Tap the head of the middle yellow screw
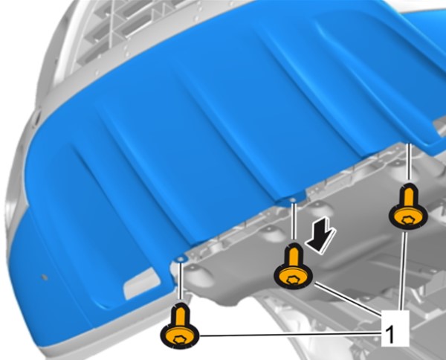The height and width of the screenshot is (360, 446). [x=294, y=277]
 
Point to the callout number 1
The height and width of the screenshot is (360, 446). [x=391, y=335]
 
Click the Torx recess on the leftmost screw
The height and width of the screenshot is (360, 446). [x=180, y=340]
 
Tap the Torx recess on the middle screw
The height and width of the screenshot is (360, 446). [x=293, y=280]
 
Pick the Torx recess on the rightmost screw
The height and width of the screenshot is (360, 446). [x=408, y=219]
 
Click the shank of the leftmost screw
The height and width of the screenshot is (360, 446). [x=180, y=315]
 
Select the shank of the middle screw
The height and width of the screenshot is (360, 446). [x=294, y=255]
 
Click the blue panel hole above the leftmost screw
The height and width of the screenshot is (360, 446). [x=180, y=260]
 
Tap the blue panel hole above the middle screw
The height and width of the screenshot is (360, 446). [x=293, y=200]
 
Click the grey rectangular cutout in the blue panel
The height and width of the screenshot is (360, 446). [x=141, y=283]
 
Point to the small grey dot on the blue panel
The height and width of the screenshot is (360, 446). [x=44, y=277]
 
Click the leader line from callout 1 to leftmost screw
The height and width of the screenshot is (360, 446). [x=290, y=335]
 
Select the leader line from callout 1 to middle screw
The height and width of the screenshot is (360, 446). [x=347, y=299]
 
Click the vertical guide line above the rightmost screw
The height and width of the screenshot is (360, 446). [x=410, y=161]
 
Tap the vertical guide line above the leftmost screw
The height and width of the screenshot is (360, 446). [x=180, y=281]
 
